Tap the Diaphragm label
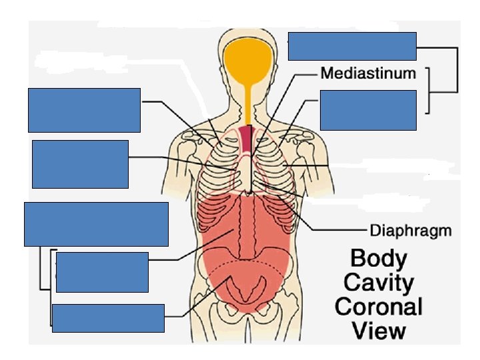pos(411,231)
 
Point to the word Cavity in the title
pos(377,283)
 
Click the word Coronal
pos(378,307)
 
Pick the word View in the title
pos(378,331)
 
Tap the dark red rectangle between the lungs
pos(247,139)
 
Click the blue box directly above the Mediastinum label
pos(352,46)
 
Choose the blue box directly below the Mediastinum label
pos(368,109)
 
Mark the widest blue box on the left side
pos(96,224)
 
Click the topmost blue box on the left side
pos(84,110)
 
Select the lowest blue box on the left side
pos(108,318)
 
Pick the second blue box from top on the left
pos(80,164)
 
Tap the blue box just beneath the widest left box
pos(102,272)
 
